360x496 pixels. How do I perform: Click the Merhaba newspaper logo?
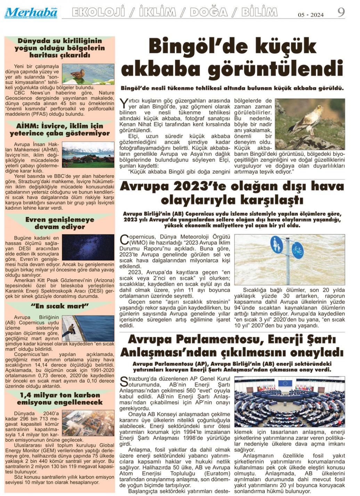[31, 13]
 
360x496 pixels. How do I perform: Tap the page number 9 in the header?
[341, 13]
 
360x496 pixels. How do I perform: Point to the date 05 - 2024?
[311, 15]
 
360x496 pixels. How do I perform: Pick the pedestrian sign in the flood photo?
[277, 245]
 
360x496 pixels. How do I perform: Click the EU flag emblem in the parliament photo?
[285, 384]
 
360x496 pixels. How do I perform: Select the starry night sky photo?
[88, 247]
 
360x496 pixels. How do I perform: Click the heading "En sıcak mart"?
[60, 306]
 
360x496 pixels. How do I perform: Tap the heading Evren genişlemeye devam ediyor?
[60, 223]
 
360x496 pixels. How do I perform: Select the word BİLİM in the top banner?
[259, 13]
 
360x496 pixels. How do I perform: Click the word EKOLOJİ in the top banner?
[98, 13]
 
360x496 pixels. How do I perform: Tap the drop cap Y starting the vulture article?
[123, 103]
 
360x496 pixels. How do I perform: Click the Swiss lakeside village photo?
[88, 155]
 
